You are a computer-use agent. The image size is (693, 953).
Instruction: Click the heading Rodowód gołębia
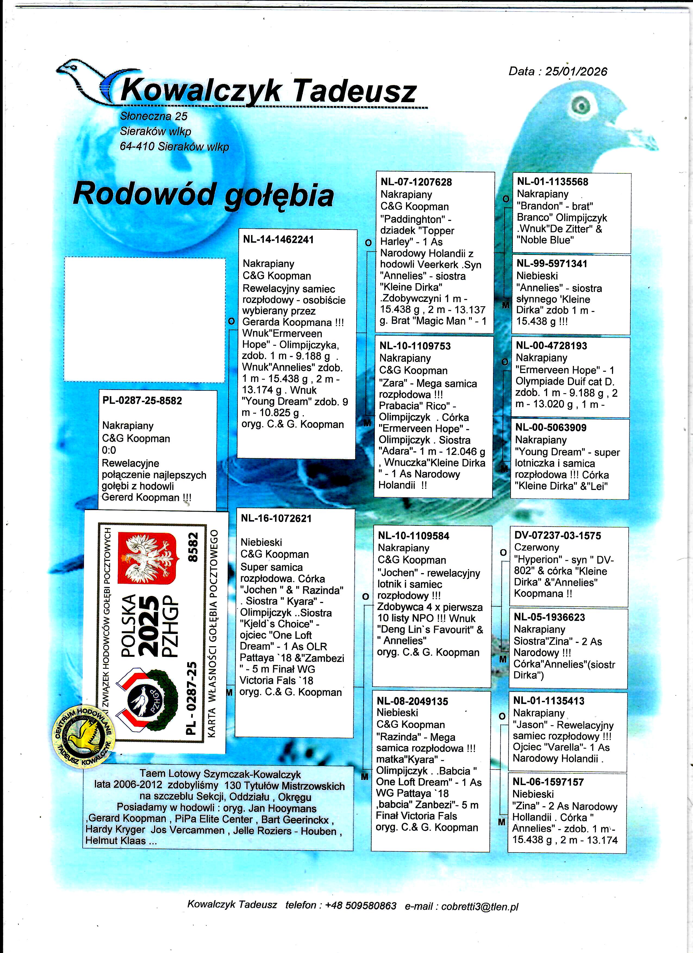tap(203, 195)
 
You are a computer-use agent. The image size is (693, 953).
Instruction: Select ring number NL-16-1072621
tap(276, 518)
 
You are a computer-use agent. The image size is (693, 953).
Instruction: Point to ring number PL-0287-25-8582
tap(142, 401)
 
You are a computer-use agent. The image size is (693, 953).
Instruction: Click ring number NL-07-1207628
tap(416, 182)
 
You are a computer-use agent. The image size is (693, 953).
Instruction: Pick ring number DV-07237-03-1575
tap(557, 535)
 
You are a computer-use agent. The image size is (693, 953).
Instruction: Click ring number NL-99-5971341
tap(552, 264)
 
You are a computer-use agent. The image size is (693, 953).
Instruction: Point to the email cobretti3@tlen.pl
tap(479, 906)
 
